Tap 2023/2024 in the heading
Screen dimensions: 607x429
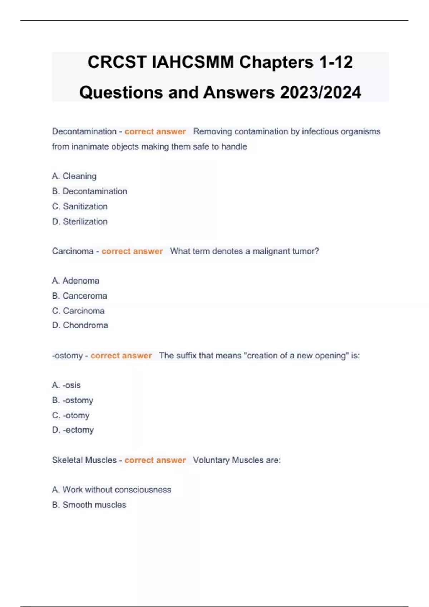click(321, 92)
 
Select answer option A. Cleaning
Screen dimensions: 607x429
click(74, 176)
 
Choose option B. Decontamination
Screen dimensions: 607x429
click(89, 191)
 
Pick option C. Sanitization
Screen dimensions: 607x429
click(79, 206)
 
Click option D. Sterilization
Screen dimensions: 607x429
click(79, 221)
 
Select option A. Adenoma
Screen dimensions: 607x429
click(75, 281)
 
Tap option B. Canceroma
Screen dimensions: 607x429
click(79, 296)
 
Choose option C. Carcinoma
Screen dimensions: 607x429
click(78, 311)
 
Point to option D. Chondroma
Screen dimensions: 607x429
click(80, 325)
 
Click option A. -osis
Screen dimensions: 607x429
click(66, 385)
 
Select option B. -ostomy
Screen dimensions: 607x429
click(73, 400)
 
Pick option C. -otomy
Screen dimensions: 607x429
click(70, 415)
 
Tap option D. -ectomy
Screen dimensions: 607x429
click(73, 430)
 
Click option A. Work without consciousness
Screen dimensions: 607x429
click(112, 490)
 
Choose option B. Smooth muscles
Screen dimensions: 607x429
click(89, 505)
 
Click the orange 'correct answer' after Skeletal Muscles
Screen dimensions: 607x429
click(155, 460)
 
